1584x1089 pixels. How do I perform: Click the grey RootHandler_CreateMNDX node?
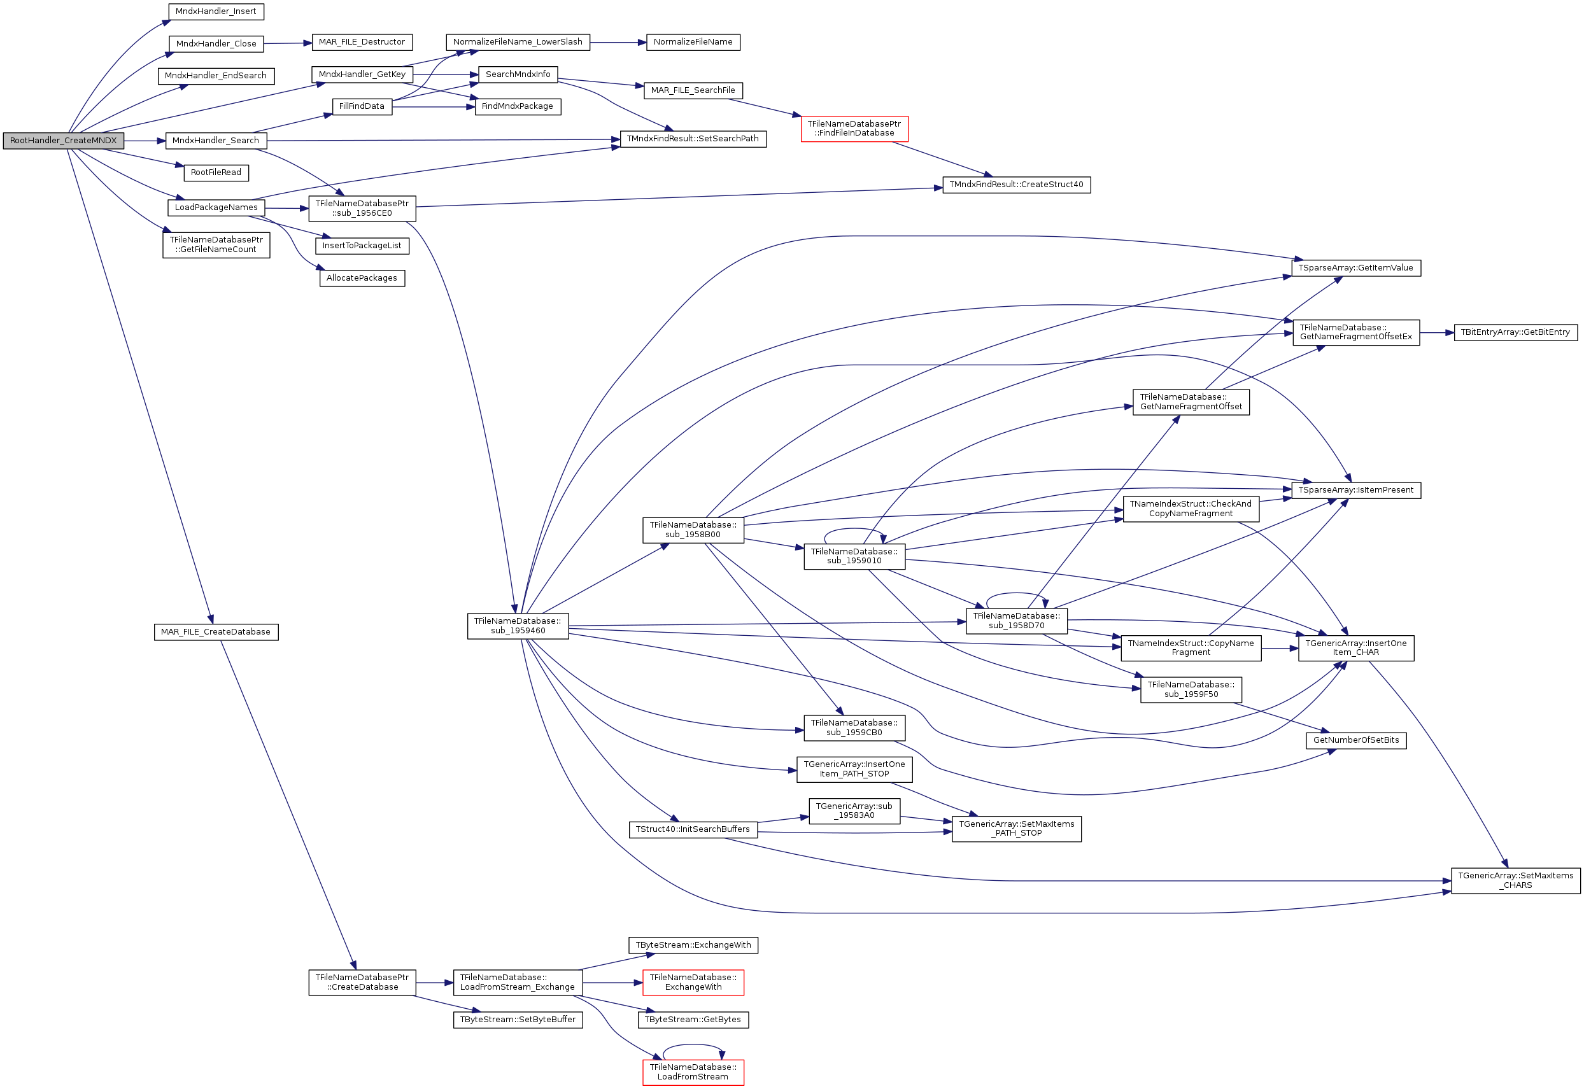(x=64, y=141)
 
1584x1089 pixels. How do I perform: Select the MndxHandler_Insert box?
(x=216, y=11)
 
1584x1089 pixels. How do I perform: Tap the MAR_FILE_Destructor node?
(x=362, y=42)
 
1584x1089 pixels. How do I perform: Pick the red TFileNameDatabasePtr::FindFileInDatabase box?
(x=854, y=129)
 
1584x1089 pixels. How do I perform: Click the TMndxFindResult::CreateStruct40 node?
(x=1016, y=185)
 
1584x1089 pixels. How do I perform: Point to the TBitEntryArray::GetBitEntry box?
(x=1515, y=332)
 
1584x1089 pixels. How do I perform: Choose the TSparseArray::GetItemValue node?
(x=1355, y=268)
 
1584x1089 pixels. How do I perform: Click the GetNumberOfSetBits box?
(x=1355, y=740)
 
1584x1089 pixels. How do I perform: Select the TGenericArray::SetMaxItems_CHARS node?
(x=1515, y=880)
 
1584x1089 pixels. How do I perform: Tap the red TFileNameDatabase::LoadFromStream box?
(x=693, y=1072)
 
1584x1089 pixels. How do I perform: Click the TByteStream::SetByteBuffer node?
(x=518, y=1020)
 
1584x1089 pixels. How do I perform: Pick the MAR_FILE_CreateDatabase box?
(x=216, y=632)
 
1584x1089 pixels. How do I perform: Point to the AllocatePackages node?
(x=362, y=278)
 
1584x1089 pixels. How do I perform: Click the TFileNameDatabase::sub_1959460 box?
(x=518, y=626)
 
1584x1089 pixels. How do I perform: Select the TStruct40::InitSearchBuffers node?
(x=692, y=830)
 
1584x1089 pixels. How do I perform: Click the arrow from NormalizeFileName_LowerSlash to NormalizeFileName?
(x=618, y=42)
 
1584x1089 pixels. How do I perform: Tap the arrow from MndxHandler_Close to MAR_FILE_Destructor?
(x=287, y=44)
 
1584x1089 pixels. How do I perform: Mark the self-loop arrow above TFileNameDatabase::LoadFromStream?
(x=693, y=1045)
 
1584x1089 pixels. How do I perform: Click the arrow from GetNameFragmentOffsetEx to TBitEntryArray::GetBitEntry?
(x=1436, y=333)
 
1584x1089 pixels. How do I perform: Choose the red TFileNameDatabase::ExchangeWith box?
(x=693, y=983)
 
